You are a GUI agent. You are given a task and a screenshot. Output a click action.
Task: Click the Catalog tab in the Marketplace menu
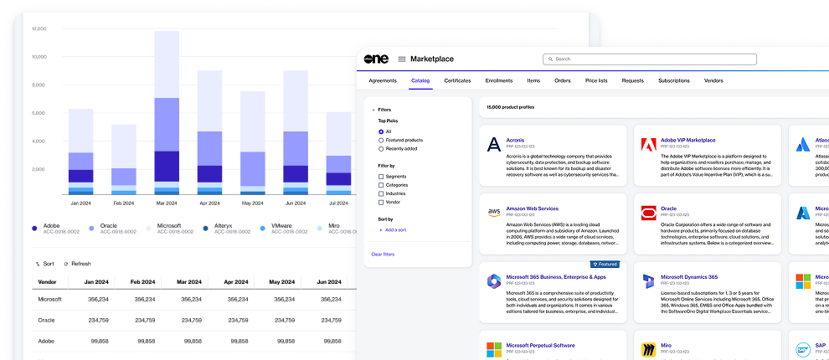[x=420, y=80]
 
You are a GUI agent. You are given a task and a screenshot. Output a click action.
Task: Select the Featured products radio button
[x=381, y=140]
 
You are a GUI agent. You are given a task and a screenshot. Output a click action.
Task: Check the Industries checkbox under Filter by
[x=381, y=193]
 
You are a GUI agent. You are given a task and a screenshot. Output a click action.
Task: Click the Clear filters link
[x=383, y=254]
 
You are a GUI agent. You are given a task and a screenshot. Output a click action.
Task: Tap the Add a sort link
[x=394, y=229]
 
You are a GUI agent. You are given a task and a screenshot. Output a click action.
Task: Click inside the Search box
[x=650, y=59]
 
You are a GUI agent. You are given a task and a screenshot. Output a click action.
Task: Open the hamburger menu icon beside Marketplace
[x=402, y=59]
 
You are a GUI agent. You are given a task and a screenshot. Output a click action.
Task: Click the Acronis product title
[x=516, y=140]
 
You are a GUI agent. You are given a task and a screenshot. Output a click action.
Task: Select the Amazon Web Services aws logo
[x=494, y=213]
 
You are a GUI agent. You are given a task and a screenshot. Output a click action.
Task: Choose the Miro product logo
[x=648, y=349]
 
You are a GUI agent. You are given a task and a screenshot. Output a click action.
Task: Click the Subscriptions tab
[x=673, y=80]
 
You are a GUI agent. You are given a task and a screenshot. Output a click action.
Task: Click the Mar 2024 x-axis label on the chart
[x=167, y=203]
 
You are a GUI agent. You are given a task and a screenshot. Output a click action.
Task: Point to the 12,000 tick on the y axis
[x=39, y=28]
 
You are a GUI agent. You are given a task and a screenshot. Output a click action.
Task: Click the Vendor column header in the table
[x=48, y=281]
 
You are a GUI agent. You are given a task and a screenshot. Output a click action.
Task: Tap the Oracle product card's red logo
[x=648, y=213]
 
